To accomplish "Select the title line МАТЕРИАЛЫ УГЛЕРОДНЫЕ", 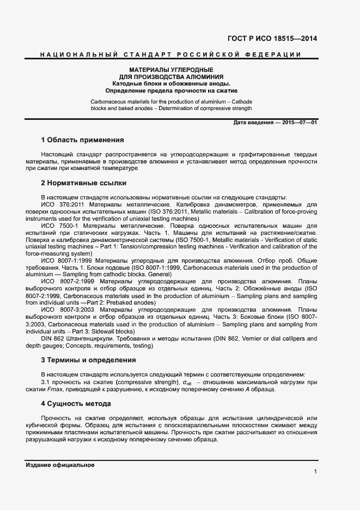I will [x=171, y=70].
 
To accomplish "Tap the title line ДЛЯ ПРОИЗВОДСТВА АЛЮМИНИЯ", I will [x=171, y=77].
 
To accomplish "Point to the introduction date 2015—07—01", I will [x=299, y=123].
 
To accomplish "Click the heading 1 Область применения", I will [x=82, y=140].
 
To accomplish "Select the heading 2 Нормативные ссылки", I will [x=83, y=183].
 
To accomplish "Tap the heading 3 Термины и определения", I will [x=88, y=360].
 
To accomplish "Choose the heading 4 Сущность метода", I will [x=76, y=404].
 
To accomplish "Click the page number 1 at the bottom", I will [x=315, y=471].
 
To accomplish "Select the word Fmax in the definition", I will [x=55, y=389].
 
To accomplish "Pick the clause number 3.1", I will [x=45, y=382].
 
